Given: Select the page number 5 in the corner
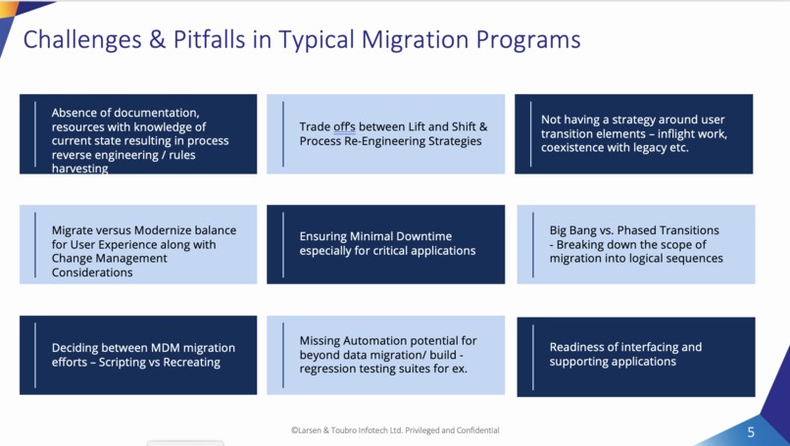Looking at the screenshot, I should tap(751, 432).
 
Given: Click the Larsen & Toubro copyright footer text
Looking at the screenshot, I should tap(394, 430).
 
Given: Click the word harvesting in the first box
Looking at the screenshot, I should tap(79, 169).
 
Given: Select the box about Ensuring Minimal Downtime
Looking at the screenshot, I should tap(385, 243).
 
